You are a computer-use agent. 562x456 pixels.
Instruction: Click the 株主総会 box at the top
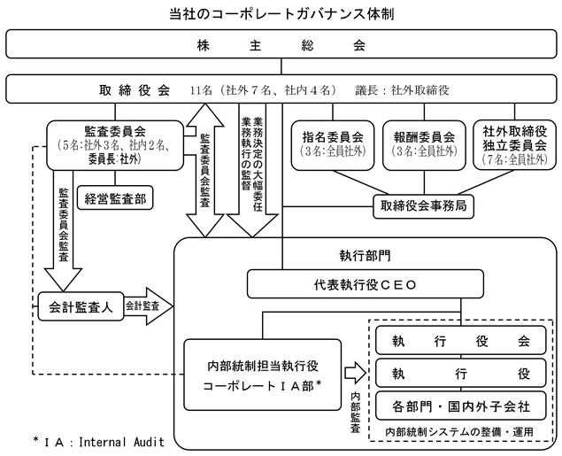(x=281, y=44)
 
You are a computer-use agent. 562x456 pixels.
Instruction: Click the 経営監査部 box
(x=115, y=198)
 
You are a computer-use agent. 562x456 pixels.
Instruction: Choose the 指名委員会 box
(x=333, y=145)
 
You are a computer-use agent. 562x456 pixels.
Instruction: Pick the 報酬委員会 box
(x=424, y=145)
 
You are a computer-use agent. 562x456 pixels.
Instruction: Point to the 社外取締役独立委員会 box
(x=515, y=145)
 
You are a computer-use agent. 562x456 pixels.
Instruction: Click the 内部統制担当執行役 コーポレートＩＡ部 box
(x=262, y=375)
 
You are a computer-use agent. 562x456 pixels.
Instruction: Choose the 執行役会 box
(x=463, y=340)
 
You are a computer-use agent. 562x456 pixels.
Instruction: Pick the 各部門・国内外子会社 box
(x=463, y=407)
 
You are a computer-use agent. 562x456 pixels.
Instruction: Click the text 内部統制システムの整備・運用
(x=462, y=431)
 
